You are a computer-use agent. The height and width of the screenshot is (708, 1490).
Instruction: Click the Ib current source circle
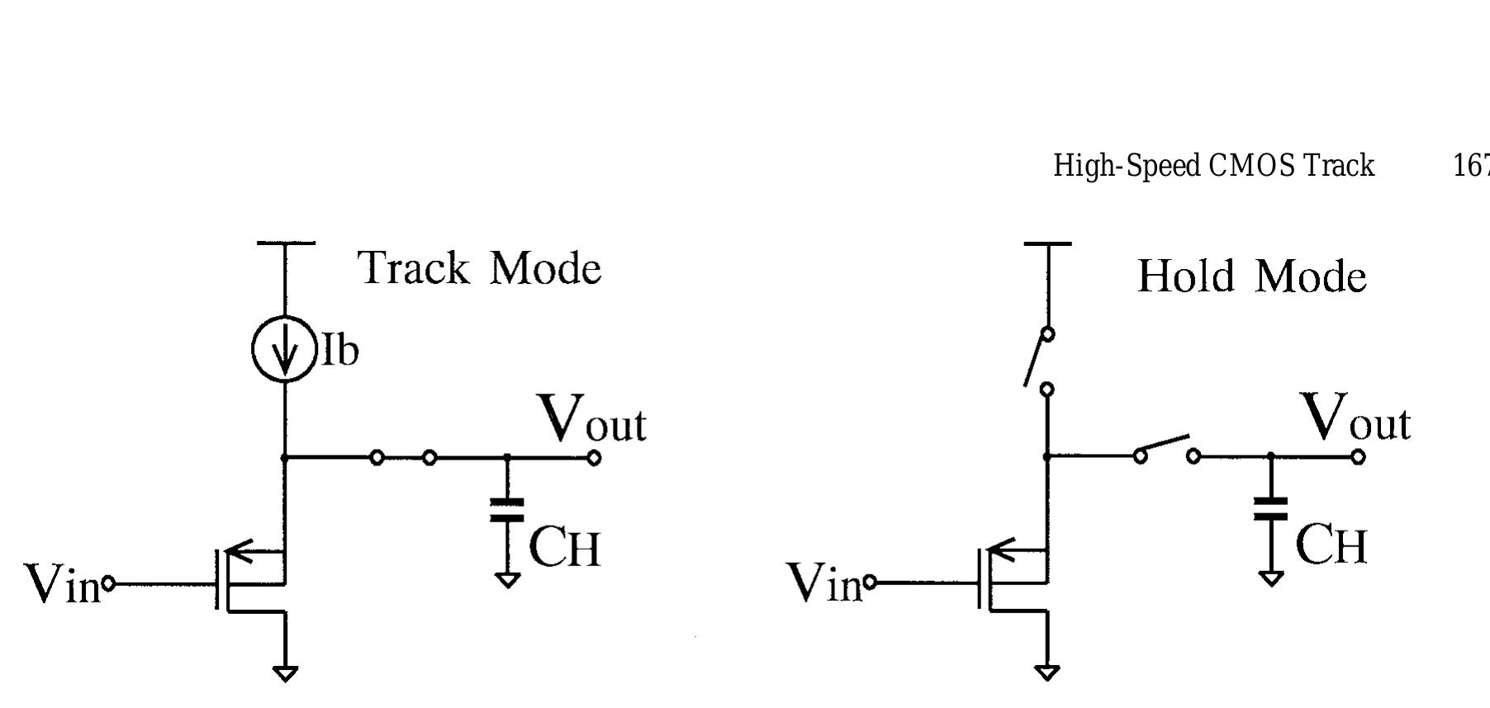(285, 350)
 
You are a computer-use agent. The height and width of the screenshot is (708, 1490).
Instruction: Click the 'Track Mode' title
(480, 268)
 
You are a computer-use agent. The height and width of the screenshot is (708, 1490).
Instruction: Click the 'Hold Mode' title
(1251, 276)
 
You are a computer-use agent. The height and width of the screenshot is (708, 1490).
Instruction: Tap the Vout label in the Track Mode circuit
(591, 418)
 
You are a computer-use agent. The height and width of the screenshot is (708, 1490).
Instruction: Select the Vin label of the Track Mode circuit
(62, 584)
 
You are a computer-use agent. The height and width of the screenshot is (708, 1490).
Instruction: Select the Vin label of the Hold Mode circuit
(824, 583)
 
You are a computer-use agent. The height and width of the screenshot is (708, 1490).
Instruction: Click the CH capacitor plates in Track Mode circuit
(507, 510)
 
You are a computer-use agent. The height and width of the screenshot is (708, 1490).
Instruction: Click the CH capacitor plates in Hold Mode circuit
(1270, 508)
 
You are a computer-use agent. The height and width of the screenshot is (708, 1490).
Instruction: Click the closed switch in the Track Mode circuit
(403, 457)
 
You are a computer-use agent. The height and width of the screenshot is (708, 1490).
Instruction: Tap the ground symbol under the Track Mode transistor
(285, 673)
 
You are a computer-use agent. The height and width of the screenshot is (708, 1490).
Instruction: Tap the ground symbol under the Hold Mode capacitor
(1271, 578)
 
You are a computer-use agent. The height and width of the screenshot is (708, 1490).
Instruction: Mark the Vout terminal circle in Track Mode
(593, 458)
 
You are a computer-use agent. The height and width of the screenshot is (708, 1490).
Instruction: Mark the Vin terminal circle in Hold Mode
(870, 583)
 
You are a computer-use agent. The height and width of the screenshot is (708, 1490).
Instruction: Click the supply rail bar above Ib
(286, 243)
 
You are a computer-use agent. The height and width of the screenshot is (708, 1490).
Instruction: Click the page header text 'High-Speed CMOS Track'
(1213, 166)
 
